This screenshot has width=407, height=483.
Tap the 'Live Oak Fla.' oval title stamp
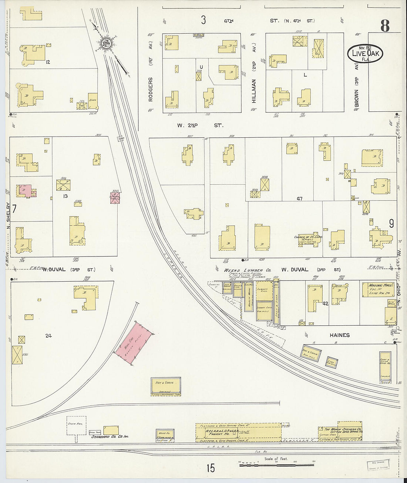tap(364, 54)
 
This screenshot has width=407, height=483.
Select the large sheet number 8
tap(384, 26)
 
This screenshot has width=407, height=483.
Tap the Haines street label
tap(339, 335)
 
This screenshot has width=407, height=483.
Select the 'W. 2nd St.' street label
tap(200, 125)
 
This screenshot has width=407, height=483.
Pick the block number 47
tap(299, 199)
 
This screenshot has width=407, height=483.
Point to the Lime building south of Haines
tap(332, 362)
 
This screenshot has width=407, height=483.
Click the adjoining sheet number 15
tap(211, 468)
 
